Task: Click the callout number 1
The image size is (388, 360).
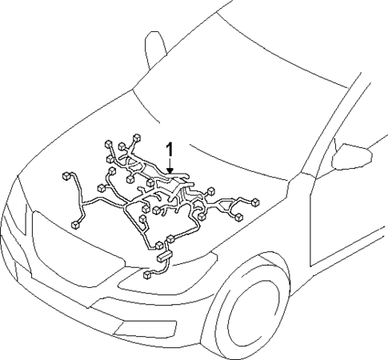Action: point(170,150)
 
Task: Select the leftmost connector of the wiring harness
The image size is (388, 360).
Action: point(63,174)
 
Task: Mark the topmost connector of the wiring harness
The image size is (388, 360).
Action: point(137,137)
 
